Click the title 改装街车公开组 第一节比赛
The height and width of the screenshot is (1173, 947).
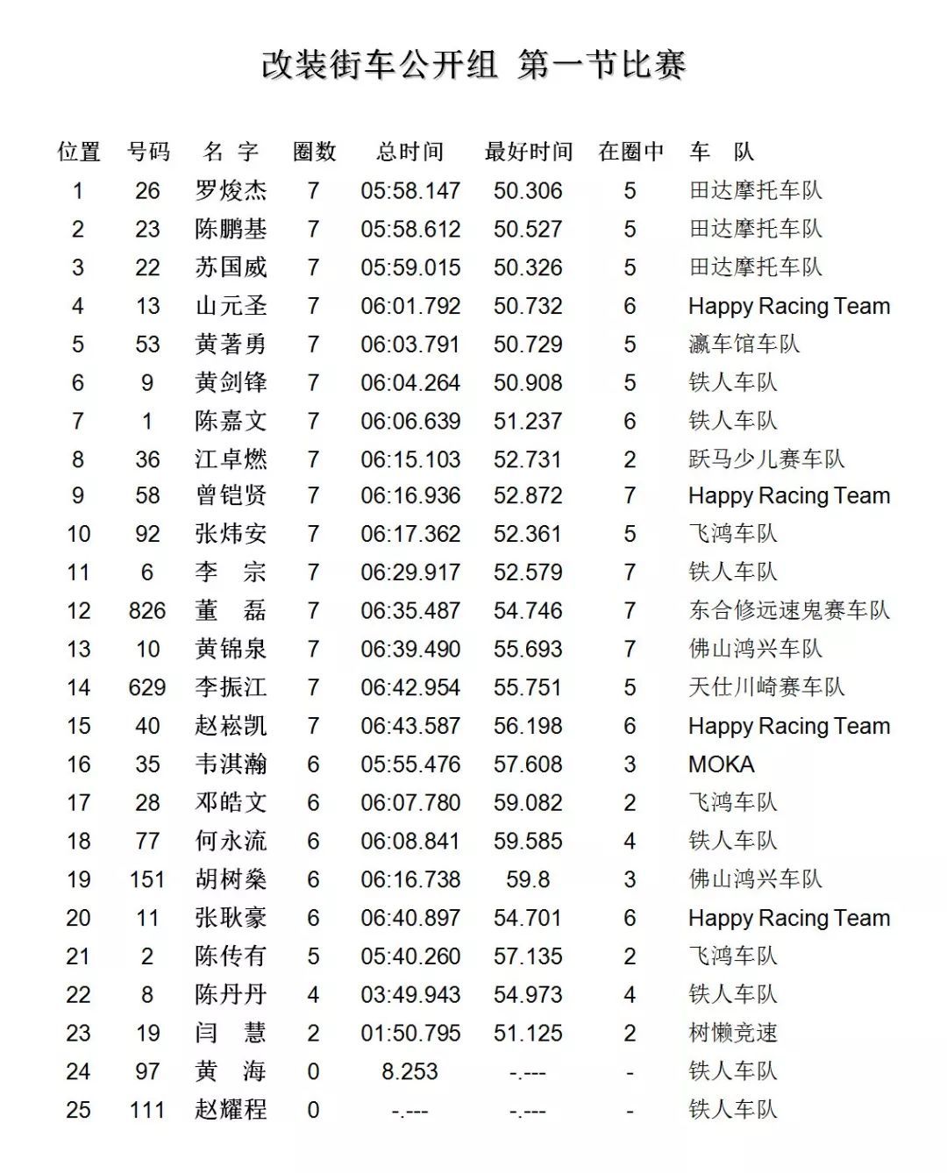pos(473,65)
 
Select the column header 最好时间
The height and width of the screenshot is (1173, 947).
pos(528,152)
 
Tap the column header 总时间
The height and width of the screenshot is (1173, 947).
pos(409,152)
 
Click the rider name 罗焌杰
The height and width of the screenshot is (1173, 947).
pos(231,190)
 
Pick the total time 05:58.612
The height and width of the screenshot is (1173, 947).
pos(410,229)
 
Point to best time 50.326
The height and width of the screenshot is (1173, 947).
pos(528,267)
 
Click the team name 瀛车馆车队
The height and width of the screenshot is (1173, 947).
pos(744,344)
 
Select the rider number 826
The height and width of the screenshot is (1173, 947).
pos(147,610)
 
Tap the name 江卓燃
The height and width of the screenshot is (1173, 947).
pos(231,459)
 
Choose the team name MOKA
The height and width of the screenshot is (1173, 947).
pos(721,764)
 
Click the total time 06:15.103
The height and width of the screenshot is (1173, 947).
pos(410,459)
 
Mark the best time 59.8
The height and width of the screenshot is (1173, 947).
pos(528,879)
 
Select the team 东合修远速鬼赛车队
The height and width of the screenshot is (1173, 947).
pos(789,610)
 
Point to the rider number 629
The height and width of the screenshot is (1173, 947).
pos(147,687)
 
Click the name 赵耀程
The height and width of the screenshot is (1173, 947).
pos(231,1110)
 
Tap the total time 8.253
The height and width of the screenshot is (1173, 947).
pos(409,1071)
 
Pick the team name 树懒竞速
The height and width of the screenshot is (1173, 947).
pos(733,1033)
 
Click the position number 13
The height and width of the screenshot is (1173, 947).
pos(78,649)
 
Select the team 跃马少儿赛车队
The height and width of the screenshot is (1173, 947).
pos(766,459)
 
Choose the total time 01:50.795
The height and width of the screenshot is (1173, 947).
pos(410,1033)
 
